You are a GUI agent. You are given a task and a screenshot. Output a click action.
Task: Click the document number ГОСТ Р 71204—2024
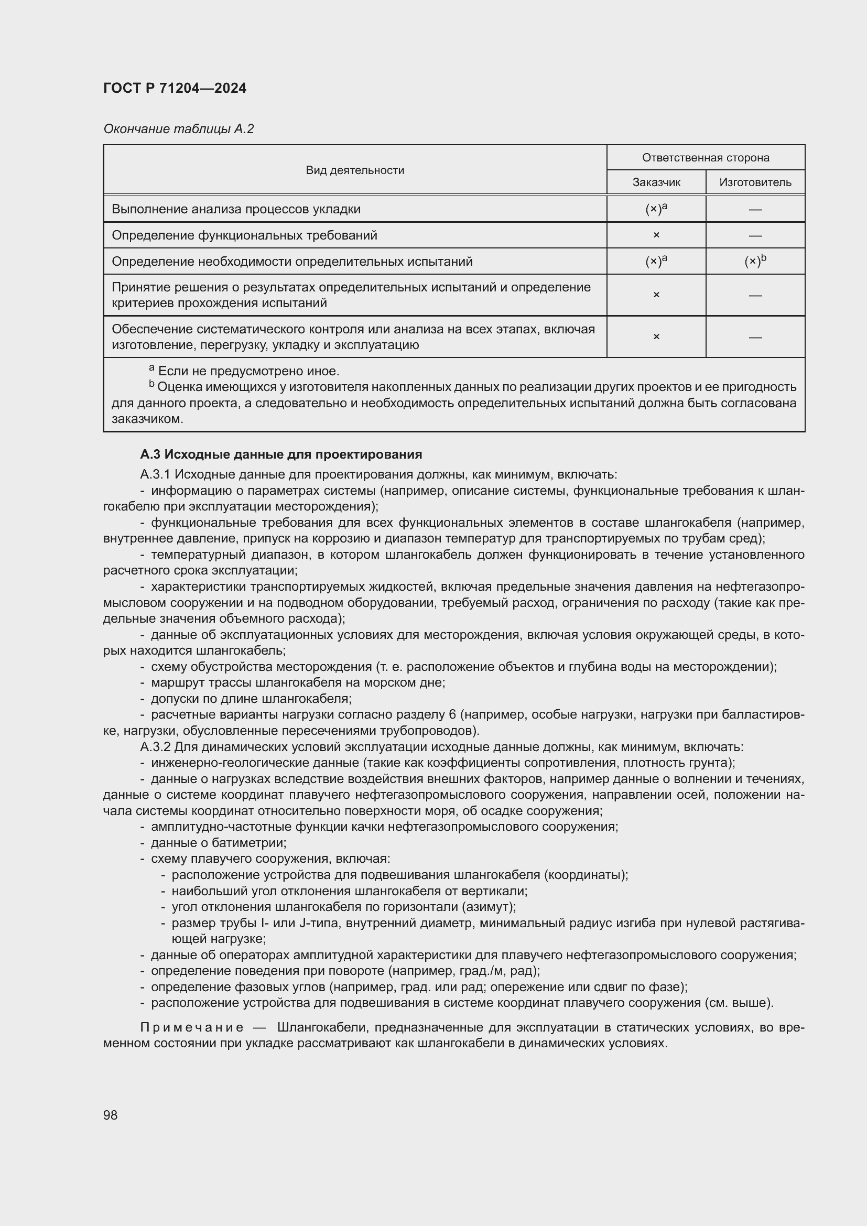pyautogui.click(x=175, y=88)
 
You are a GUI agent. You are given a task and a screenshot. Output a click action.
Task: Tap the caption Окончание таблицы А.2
pyautogui.click(x=178, y=129)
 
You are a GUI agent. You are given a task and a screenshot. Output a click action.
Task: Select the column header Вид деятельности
pyautogui.click(x=354, y=170)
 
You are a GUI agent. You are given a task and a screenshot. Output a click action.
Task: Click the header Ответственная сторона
pyautogui.click(x=705, y=158)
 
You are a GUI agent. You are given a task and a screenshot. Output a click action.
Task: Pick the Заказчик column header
pyautogui.click(x=656, y=182)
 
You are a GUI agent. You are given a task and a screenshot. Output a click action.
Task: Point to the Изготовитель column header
pyautogui.click(x=755, y=182)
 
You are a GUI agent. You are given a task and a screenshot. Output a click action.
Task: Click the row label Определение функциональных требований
pyautogui.click(x=244, y=235)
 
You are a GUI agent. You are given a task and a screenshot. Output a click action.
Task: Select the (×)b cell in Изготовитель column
pyautogui.click(x=755, y=261)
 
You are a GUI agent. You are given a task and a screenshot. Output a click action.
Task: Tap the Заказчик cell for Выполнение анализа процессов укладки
pyautogui.click(x=656, y=209)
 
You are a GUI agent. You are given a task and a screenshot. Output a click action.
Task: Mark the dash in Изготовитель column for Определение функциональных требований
pyautogui.click(x=755, y=235)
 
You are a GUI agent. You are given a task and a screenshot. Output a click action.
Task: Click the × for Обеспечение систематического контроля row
pyautogui.click(x=656, y=337)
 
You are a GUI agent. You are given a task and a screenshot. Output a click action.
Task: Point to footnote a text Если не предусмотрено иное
pyautogui.click(x=248, y=371)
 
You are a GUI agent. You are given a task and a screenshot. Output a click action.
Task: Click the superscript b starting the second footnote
pyautogui.click(x=151, y=384)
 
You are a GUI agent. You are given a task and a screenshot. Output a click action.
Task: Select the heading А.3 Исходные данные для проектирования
pyautogui.click(x=281, y=454)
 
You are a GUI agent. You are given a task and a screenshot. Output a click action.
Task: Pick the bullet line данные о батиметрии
pyautogui.click(x=219, y=843)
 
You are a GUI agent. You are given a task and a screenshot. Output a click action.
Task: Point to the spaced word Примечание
pyautogui.click(x=192, y=1027)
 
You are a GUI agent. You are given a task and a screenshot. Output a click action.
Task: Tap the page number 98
pyautogui.click(x=111, y=1115)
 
